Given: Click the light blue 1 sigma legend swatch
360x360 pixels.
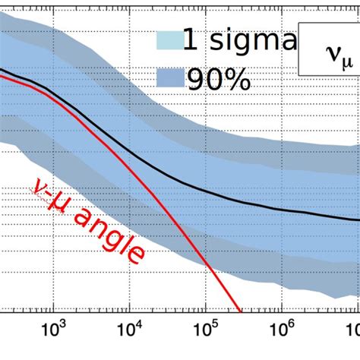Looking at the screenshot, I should point(172,41).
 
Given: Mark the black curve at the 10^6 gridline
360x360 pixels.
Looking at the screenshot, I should point(281,210).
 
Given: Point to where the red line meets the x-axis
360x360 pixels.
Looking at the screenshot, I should point(242,310).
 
